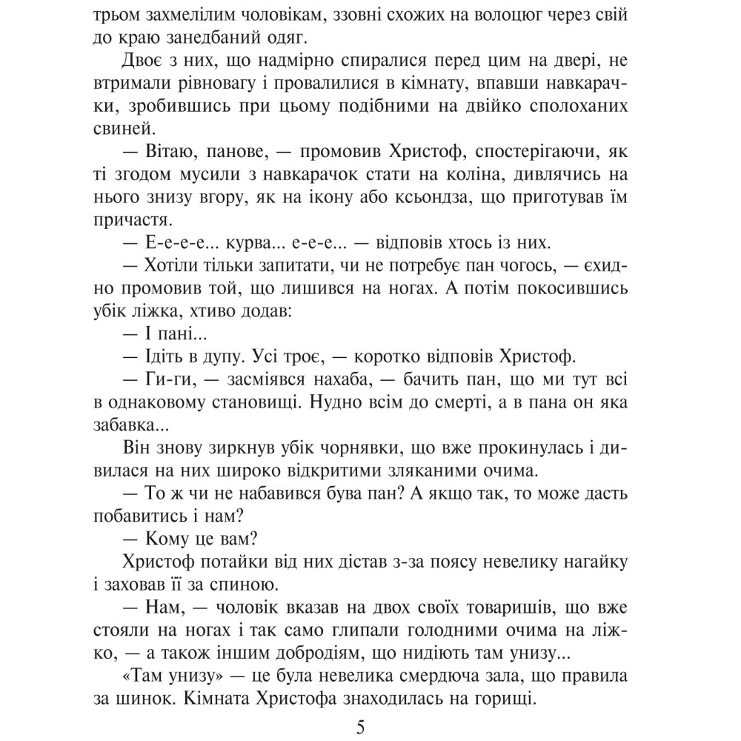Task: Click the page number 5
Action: click(x=361, y=725)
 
